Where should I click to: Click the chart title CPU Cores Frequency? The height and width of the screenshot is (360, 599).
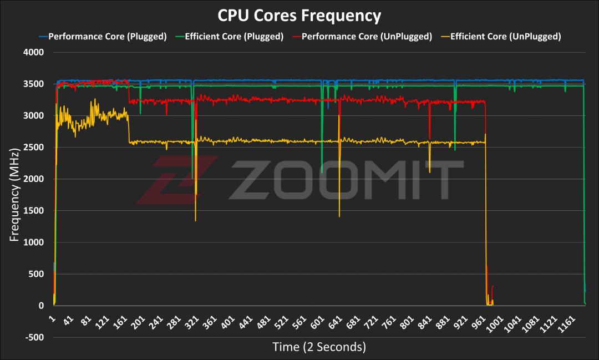click(299, 16)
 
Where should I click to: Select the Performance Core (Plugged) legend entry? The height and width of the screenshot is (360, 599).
click(103, 37)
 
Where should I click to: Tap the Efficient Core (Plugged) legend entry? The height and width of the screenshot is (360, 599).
click(229, 37)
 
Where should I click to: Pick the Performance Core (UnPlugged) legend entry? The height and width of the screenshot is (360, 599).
click(362, 37)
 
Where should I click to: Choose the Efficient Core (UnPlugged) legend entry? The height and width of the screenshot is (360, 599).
click(501, 37)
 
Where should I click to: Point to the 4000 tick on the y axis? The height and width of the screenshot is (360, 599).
click(34, 52)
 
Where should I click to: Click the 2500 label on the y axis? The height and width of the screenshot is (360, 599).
click(34, 147)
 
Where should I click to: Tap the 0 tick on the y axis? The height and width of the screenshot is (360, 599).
click(41, 306)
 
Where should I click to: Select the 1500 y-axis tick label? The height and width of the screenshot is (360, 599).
click(34, 211)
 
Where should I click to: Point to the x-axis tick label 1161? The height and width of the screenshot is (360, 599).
click(567, 324)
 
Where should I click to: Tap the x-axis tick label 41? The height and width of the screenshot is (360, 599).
click(68, 321)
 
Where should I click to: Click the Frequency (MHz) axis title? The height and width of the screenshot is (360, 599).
click(14, 195)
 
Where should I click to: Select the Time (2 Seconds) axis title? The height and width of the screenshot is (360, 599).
click(319, 347)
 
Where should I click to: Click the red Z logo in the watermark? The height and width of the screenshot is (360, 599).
click(176, 180)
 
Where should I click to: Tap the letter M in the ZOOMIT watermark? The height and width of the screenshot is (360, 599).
click(389, 180)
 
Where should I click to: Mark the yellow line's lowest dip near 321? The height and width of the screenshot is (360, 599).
click(196, 221)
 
